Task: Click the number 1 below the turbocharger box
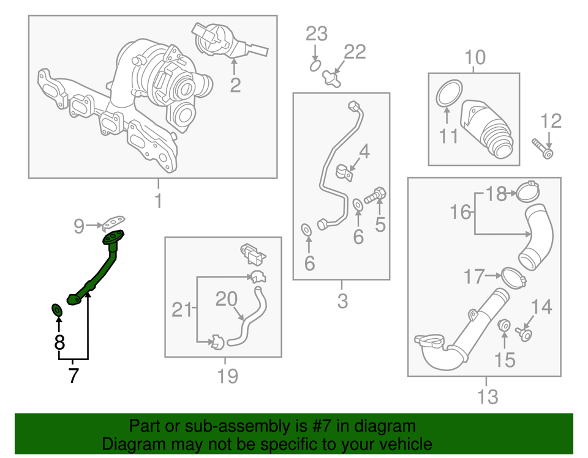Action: coord(158,201)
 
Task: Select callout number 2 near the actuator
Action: coord(235,85)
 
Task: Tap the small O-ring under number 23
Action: coord(315,64)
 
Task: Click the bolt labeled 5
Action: coord(374,198)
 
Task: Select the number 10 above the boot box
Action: coord(475,58)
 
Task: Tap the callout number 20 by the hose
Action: coord(227,298)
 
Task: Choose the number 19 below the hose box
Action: coord(227,375)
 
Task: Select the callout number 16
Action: coord(461,212)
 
